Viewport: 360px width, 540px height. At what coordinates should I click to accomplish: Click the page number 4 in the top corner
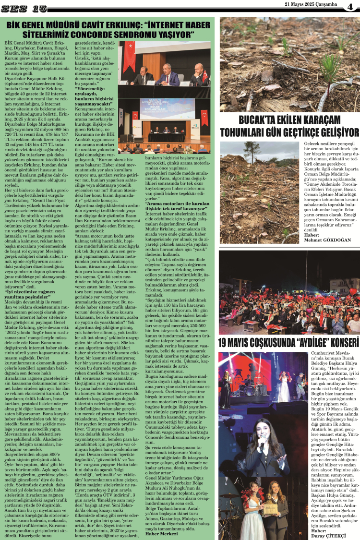point(350,7)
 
